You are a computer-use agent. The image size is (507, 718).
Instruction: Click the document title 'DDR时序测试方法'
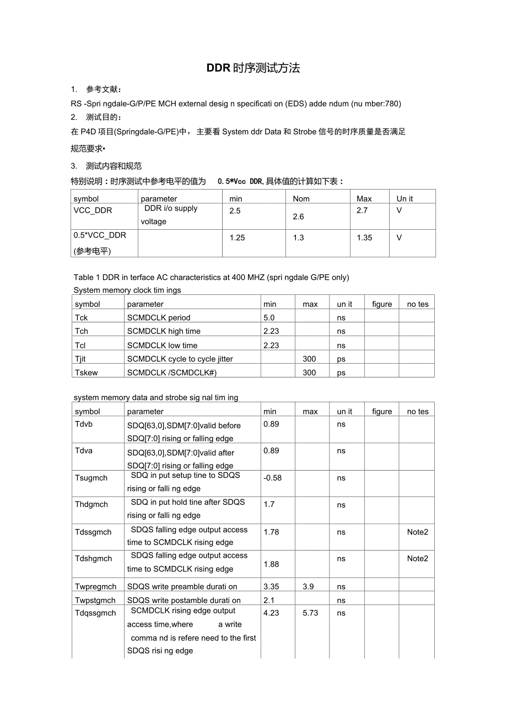[x=253, y=68]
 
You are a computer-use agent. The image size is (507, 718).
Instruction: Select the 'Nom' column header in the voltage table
[x=301, y=198]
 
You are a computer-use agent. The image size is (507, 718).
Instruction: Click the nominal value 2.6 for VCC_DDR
[x=298, y=217]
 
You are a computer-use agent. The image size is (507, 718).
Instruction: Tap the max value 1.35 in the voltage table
[x=364, y=237]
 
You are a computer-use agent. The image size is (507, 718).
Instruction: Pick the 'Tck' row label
[x=82, y=318]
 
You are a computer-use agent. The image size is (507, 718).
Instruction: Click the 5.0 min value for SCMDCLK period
[x=269, y=317]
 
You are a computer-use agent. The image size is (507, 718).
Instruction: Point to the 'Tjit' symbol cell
[x=82, y=359]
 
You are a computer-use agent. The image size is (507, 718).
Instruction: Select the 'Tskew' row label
[x=87, y=373]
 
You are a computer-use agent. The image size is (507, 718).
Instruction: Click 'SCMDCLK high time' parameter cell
[x=164, y=331]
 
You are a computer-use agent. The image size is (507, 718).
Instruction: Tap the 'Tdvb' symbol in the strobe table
[x=84, y=424]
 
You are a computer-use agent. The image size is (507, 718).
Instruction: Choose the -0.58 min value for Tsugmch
[x=273, y=478]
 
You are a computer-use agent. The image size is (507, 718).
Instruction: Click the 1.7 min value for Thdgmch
[x=269, y=504]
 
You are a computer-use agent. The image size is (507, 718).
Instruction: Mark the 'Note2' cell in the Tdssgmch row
[x=417, y=532]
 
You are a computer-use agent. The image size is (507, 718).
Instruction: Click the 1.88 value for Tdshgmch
[x=271, y=564]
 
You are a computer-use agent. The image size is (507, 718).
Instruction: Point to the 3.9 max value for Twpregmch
[x=308, y=586]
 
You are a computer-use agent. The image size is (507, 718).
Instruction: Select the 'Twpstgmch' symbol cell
[x=95, y=600]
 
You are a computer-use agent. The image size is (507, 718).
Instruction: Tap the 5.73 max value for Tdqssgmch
[x=310, y=613]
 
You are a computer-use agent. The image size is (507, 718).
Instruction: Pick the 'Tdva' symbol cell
[x=84, y=451]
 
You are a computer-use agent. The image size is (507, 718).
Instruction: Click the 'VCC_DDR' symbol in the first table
[x=93, y=210]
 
